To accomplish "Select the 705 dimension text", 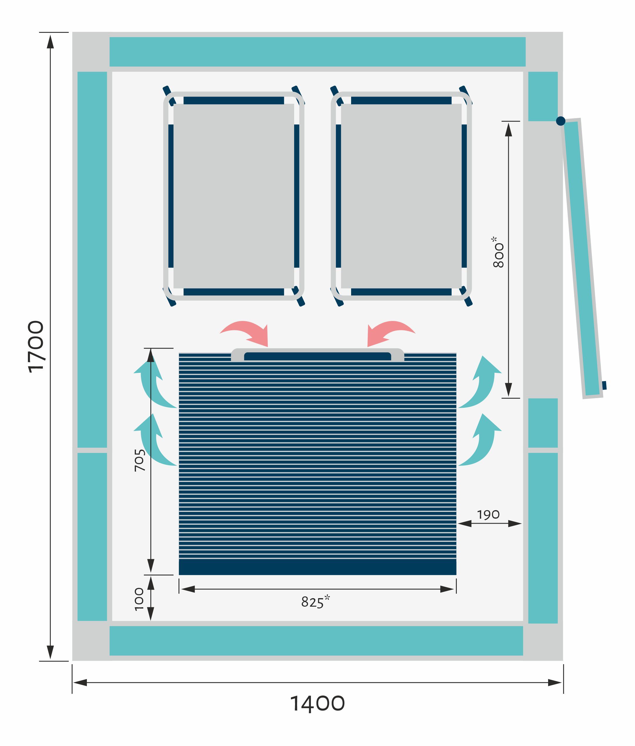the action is (140, 460).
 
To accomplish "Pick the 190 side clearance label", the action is (488, 515).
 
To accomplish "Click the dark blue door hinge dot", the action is (560, 121).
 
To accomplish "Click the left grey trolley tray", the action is (234, 196).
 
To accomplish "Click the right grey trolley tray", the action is (401, 196).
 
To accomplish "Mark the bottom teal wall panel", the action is (316, 641).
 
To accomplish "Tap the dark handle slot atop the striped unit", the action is (318, 356).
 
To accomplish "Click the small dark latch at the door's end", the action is (604, 385).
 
